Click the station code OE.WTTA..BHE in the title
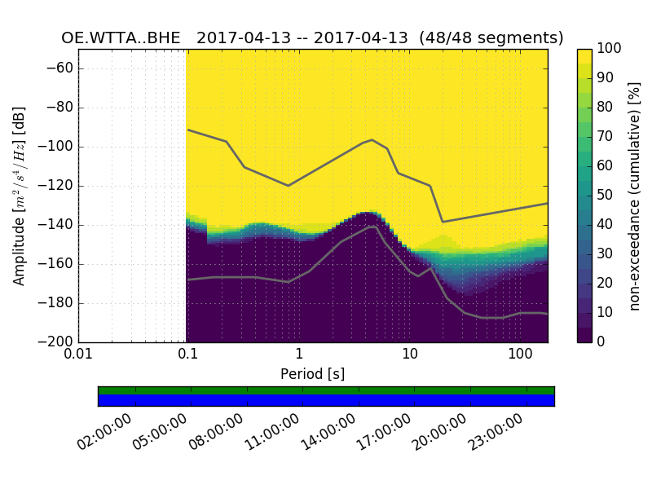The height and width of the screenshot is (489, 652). (122, 38)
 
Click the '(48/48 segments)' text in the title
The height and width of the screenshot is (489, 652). (496, 38)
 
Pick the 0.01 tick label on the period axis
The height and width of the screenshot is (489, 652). (78, 355)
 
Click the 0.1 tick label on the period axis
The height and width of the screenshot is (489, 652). (188, 355)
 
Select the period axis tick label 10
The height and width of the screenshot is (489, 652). (410, 355)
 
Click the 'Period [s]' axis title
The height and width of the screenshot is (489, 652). (313, 374)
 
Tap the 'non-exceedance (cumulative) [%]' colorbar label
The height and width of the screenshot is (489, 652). (636, 196)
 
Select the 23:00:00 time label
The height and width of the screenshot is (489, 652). (498, 432)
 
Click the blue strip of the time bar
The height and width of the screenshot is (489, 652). (326, 400)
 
